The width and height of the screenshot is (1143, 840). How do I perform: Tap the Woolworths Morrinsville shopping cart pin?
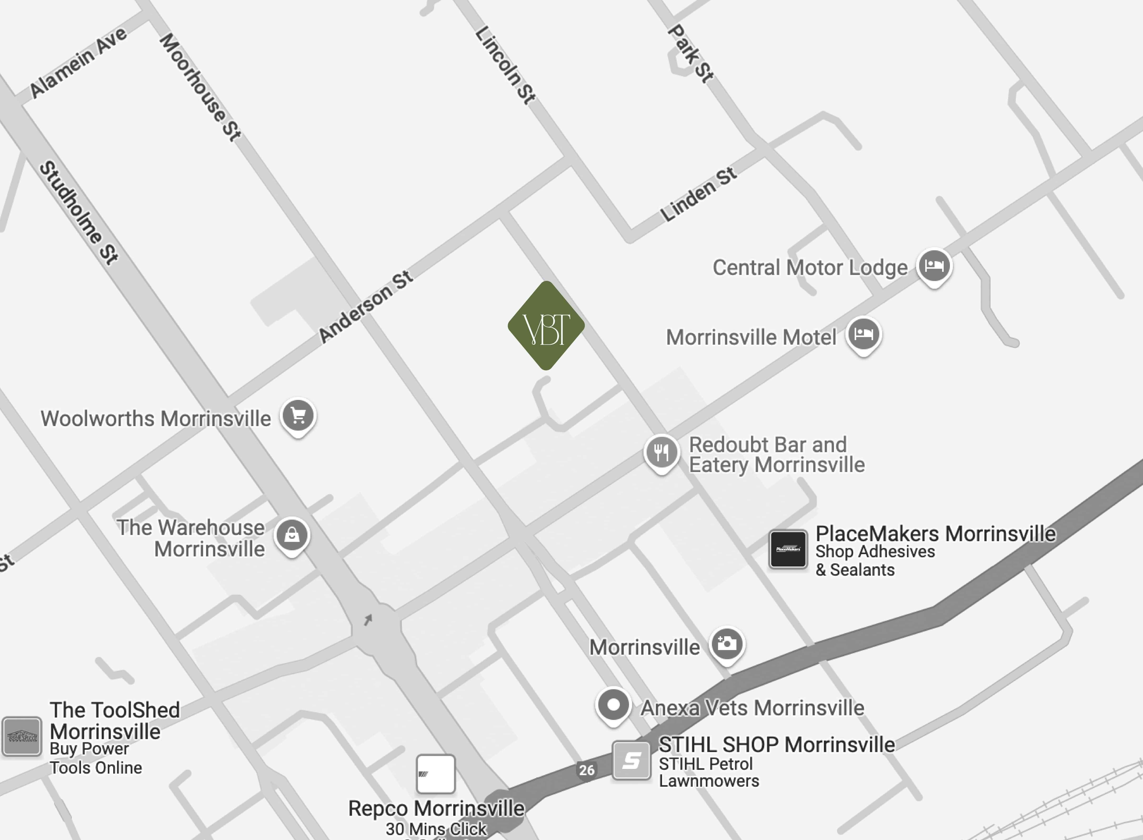click(x=299, y=415)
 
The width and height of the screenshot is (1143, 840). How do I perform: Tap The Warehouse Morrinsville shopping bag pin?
click(x=292, y=535)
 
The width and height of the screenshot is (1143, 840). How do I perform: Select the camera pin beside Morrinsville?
click(x=727, y=644)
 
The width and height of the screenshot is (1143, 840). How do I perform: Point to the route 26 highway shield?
click(x=587, y=770)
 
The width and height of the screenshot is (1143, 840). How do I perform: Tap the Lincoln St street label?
click(x=505, y=65)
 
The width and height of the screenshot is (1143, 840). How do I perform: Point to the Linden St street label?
click(x=698, y=194)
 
